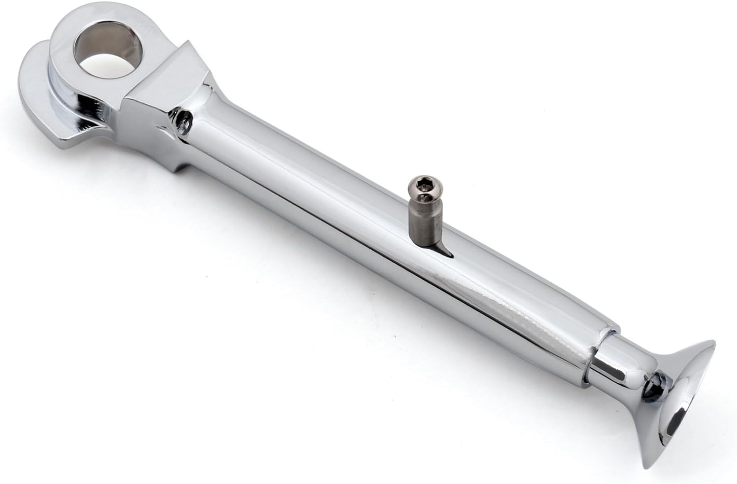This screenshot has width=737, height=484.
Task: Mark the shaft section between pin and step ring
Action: coord(519,291)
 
